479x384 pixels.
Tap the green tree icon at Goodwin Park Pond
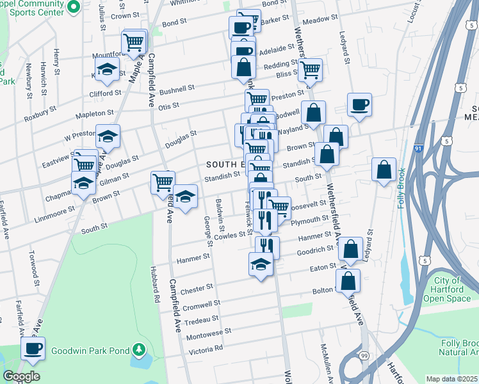tap(138, 349)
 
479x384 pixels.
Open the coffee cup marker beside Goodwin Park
tap(32, 349)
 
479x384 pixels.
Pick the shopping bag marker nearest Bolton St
tap(348, 282)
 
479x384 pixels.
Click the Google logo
tap(21, 376)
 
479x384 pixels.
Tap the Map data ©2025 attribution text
tap(452, 379)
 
